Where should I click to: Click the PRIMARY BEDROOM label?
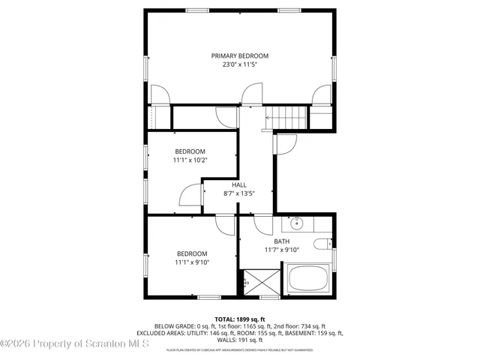239,55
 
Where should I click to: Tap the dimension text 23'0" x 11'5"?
239,65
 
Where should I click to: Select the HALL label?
238,184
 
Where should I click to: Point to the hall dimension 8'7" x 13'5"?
238,193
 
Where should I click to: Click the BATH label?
281,241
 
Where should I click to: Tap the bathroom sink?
297,223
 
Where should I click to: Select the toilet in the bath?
323,243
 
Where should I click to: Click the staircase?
288,118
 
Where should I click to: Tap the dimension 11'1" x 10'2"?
190,160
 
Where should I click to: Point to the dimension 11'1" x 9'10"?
192,262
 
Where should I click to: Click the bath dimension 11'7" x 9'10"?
281,250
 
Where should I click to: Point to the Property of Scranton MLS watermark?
75,344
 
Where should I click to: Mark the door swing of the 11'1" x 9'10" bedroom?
225,223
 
